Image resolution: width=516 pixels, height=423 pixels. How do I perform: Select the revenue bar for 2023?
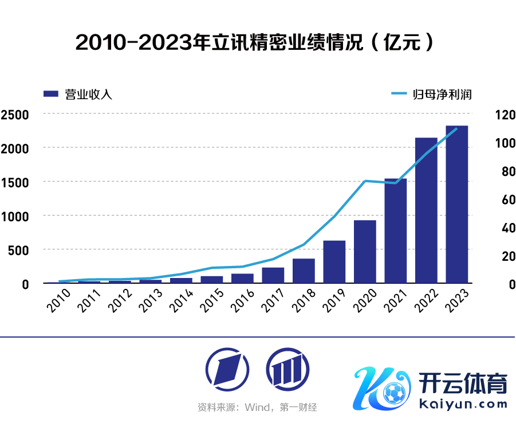456,204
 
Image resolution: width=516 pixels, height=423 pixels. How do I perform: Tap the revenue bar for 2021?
395,231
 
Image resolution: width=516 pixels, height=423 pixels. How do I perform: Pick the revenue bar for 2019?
334,262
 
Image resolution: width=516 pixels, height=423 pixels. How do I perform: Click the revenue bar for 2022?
426,210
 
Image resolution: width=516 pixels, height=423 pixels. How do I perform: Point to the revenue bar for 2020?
365,252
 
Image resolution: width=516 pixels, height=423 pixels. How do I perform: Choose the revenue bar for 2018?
304,271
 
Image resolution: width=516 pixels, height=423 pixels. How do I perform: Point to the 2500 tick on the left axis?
15,114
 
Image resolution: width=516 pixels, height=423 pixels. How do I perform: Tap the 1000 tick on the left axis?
15,216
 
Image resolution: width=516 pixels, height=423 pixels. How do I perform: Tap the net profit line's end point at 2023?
456,128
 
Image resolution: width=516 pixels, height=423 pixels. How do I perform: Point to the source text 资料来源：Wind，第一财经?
257,408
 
